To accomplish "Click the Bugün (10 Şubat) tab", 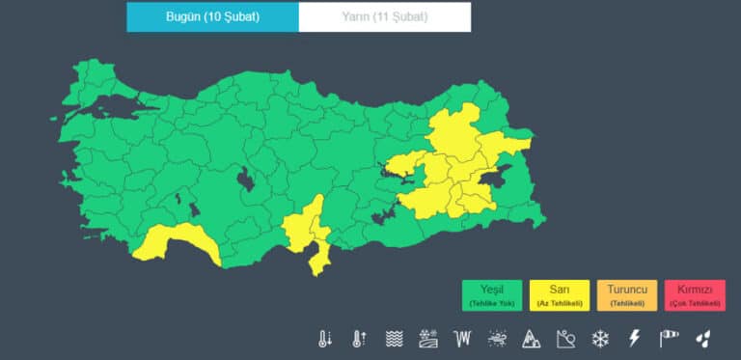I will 212,17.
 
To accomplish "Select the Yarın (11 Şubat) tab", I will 385,17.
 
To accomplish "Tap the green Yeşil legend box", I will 492,295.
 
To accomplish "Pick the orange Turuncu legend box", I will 627,295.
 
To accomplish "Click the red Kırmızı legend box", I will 695,295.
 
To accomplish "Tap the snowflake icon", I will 600,339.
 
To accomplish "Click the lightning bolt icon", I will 634,339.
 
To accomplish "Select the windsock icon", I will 669,339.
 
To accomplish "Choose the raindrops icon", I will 704,339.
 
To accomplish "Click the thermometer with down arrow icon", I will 325,339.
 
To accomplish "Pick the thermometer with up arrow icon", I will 359,339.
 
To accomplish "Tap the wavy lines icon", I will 394,339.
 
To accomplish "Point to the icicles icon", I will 463,339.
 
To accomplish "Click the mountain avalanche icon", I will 531,339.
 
